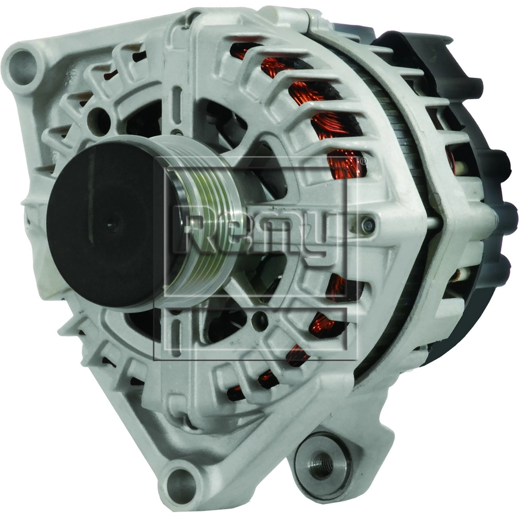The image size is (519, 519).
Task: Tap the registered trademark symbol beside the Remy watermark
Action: (363, 161)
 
